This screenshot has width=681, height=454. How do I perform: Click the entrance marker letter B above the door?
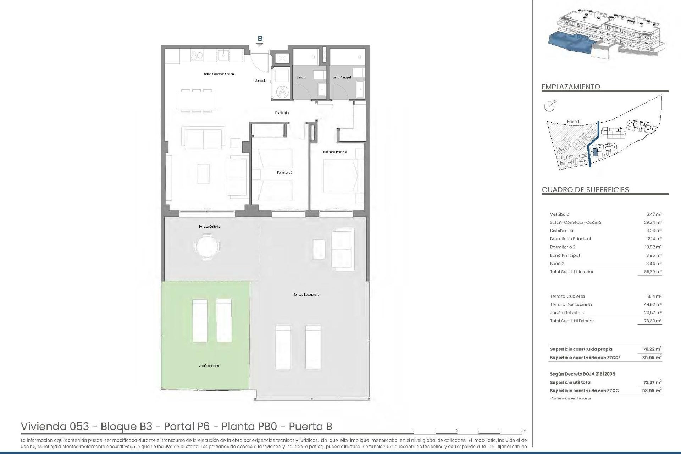point(260,39)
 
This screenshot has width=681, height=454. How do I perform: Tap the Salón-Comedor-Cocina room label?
point(219,74)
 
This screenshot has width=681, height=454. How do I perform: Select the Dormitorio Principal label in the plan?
point(334,152)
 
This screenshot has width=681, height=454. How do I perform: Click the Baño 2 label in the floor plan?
point(301,77)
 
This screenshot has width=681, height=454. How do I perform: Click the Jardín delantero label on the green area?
point(209,366)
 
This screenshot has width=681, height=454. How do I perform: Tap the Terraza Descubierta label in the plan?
point(306,295)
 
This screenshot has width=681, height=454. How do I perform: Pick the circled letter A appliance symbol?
point(283,92)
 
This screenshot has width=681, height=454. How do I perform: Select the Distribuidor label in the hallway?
point(282,113)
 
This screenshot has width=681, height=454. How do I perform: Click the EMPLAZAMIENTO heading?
point(571,87)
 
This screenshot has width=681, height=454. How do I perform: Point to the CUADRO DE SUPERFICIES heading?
point(585,190)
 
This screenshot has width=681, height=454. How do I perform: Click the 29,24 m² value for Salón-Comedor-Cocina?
point(654,222)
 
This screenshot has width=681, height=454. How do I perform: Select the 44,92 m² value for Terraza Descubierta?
point(654,304)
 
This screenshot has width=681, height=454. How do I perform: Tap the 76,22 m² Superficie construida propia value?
point(653,349)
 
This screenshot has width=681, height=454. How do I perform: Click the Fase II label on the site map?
point(573,121)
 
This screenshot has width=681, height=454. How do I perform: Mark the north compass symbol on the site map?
point(550,105)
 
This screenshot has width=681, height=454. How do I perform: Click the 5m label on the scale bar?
point(523,430)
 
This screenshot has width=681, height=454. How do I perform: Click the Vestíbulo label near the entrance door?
point(260,81)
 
